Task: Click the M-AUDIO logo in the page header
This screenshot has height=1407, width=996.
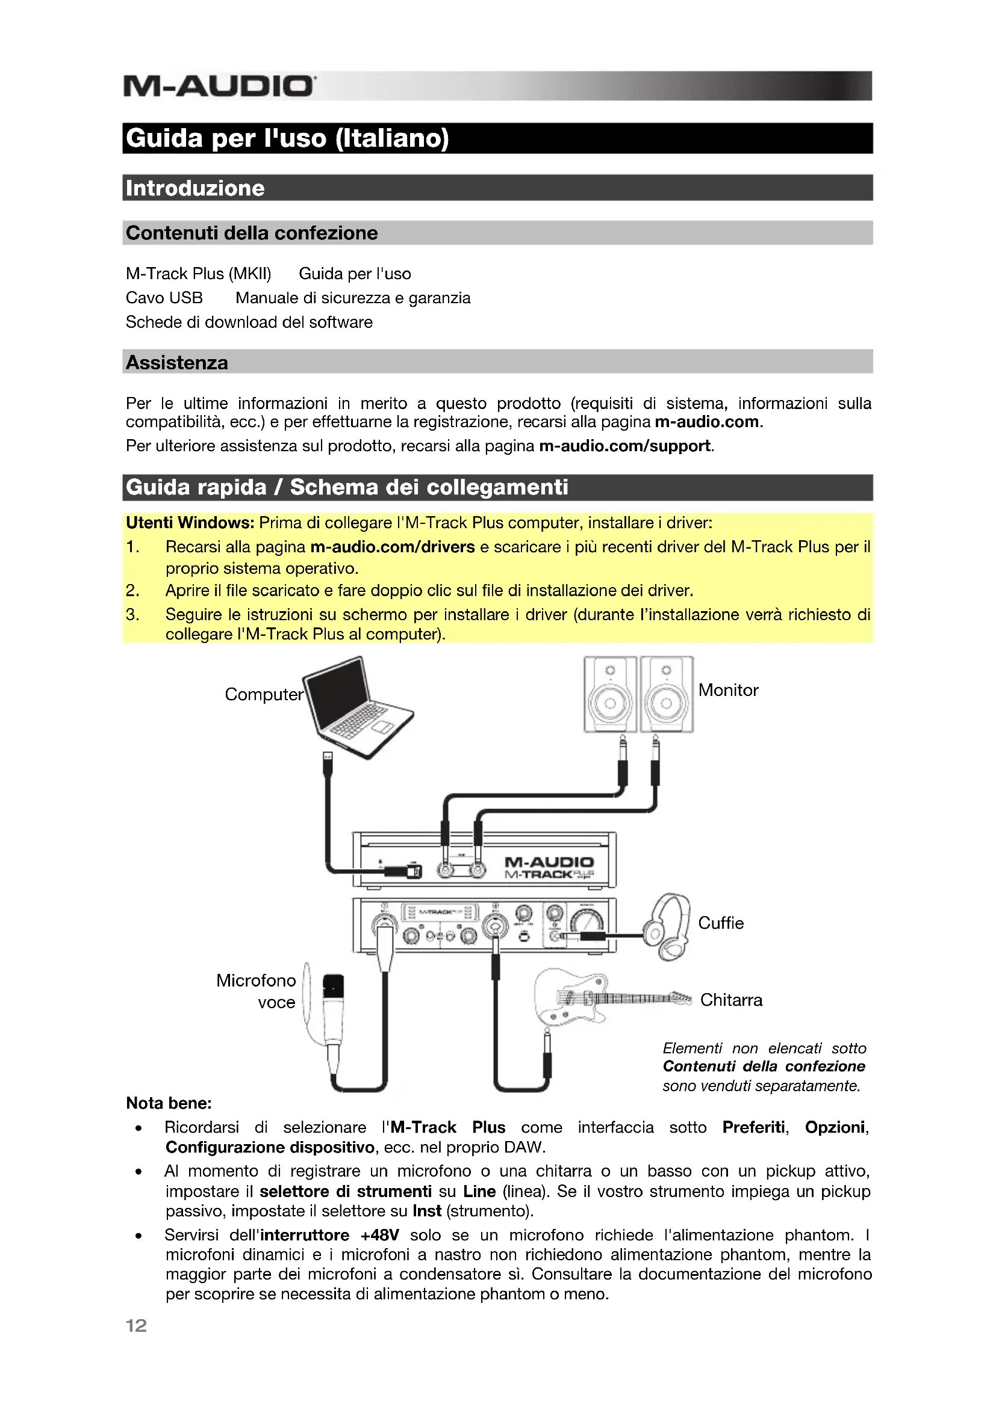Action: pos(220,86)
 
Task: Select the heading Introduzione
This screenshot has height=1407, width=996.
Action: pos(195,188)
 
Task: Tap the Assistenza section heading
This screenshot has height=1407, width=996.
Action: pos(176,362)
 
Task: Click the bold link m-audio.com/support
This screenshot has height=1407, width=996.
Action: pos(625,446)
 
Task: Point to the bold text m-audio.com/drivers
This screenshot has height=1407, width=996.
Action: pos(393,547)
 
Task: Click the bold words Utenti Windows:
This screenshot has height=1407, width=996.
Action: pos(190,523)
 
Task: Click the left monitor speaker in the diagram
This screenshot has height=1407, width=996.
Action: pos(609,694)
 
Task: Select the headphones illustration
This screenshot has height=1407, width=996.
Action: pos(667,926)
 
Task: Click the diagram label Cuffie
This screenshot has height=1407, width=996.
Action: pos(721,923)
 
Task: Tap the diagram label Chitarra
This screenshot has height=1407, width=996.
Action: pos(731,1000)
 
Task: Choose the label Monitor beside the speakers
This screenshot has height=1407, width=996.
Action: pos(728,690)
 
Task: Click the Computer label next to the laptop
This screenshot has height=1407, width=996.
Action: pos(264,694)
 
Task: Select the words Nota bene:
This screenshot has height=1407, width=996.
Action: pos(169,1103)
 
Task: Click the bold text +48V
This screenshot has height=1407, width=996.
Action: pos(379,1235)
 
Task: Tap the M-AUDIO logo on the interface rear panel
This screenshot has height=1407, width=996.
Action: pos(549,862)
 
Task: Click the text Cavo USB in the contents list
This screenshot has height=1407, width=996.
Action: pos(164,298)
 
